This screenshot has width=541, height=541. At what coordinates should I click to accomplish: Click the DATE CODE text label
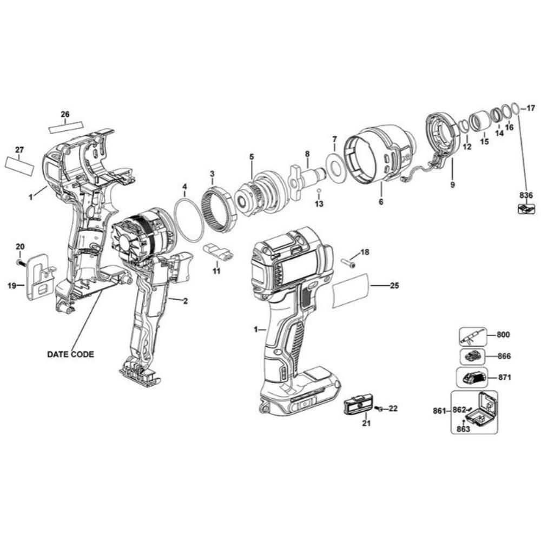pyautogui.click(x=70, y=354)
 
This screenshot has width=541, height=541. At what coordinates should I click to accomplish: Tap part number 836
pyautogui.click(x=526, y=196)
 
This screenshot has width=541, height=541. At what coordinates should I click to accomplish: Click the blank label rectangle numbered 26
pyautogui.click(x=66, y=127)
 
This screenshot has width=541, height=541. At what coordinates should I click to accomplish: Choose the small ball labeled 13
pyautogui.click(x=319, y=190)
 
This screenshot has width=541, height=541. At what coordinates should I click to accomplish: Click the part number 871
pyautogui.click(x=505, y=378)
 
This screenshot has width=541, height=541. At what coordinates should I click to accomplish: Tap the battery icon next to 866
pyautogui.click(x=472, y=357)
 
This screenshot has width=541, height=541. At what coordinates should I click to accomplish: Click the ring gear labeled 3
pyautogui.click(x=219, y=206)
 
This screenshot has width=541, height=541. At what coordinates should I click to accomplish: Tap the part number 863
pyautogui.click(x=464, y=429)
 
